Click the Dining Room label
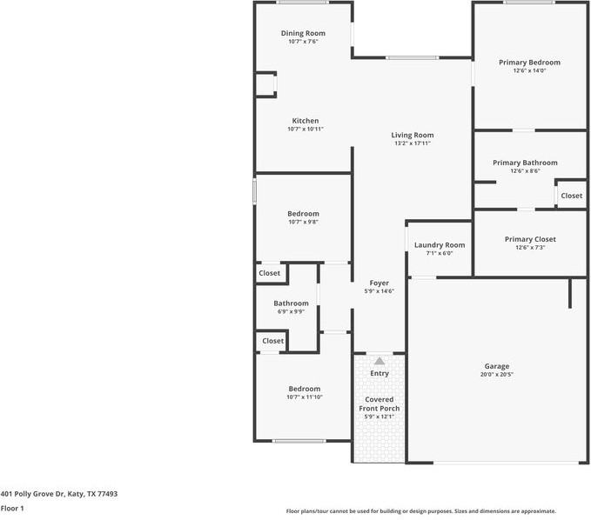[x=303, y=33]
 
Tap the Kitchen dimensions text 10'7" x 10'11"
[x=305, y=130]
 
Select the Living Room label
[x=412, y=135]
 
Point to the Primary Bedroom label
[x=529, y=63]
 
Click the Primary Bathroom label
[x=525, y=163]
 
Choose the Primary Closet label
[x=530, y=239]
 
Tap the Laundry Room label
[x=440, y=245]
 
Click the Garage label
[x=497, y=366]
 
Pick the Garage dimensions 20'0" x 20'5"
[x=497, y=375]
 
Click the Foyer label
[x=379, y=283]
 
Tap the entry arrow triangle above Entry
[x=379, y=360]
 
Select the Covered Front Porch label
[x=379, y=403]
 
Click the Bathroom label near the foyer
[x=292, y=303]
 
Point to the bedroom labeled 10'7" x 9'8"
[x=304, y=214]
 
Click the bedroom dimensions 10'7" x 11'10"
[x=305, y=397]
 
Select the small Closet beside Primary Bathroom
[x=572, y=196]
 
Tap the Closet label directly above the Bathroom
[x=270, y=273]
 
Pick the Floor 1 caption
[x=12, y=508]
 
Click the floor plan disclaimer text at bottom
[x=421, y=511]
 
